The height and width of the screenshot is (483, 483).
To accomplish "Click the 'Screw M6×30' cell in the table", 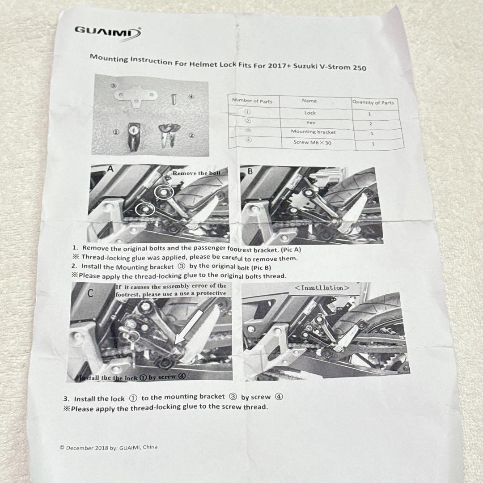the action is pos(312,142).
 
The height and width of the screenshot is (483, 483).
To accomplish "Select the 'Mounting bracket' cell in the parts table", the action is pos(313,132).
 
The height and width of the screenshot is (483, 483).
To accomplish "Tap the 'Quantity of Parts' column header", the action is pos(373,102).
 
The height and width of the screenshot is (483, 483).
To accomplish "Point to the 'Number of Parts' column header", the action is pos(252,101).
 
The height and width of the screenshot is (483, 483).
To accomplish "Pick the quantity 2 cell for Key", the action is pos(370,124).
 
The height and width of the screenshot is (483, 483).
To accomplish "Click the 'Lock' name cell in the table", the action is pos(310,113).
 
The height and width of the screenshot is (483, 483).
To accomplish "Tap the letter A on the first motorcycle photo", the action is pos(110,169).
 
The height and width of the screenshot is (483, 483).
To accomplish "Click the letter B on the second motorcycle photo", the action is pos(250,171).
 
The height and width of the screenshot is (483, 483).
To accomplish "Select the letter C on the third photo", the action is pos(90,293).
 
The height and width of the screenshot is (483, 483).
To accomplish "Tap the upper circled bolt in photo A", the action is pos(164,192).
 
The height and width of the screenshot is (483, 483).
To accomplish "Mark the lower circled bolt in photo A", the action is pos(145,209).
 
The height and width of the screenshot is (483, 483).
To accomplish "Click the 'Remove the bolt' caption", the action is pos(196,173).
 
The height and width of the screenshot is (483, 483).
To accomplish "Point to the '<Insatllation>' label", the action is pos(322,288).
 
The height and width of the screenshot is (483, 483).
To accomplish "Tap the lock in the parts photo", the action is pos(134,136).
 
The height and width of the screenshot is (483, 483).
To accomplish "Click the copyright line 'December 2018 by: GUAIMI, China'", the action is pos(108,447).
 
